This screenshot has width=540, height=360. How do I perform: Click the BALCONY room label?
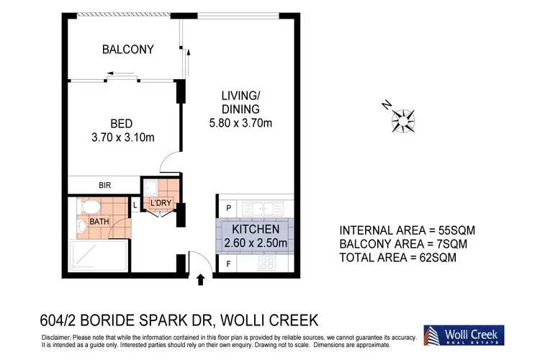click(127, 50)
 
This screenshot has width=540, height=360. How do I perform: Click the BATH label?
click(99, 222)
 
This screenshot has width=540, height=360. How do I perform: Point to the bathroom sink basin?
click(81, 228)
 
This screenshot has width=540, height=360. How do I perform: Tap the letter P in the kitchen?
click(229, 208)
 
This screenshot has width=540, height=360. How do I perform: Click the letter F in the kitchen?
click(229, 263)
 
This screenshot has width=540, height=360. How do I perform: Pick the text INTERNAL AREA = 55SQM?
click(407, 230)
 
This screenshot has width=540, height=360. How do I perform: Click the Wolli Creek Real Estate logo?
click(463, 336)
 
